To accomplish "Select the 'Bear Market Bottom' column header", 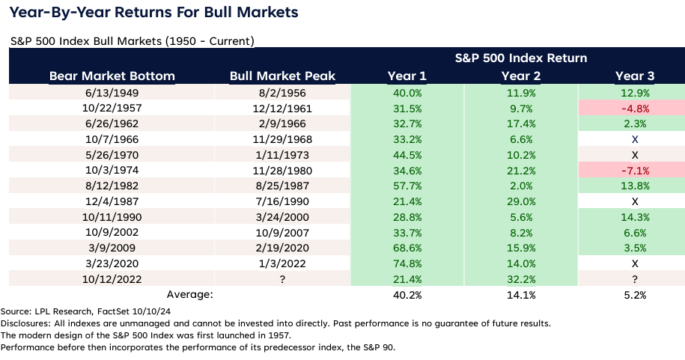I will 112,76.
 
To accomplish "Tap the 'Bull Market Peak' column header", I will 282,76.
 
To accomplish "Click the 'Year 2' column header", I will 520,76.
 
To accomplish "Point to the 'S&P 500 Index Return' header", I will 520,58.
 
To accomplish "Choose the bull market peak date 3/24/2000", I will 282,217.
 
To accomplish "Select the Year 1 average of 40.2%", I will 407,295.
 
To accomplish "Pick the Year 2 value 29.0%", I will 520,201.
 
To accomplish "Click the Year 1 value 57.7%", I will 407,186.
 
